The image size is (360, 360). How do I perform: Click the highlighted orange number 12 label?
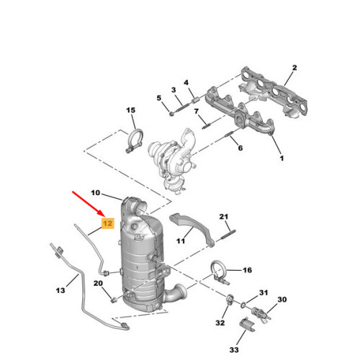coord(108,223)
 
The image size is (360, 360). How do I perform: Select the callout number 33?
coord(234,350)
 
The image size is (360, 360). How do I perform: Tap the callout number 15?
coord(131,110)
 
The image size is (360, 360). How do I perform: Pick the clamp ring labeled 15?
coord(135,140)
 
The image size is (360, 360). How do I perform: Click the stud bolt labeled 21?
coord(228,235)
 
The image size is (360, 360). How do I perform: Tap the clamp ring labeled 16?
coord(220,272)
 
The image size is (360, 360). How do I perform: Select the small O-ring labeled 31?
coord(243,305)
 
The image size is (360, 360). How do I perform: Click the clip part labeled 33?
coord(247,325)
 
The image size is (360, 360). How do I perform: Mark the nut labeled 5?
coord(171,114)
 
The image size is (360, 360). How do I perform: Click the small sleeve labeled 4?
coord(195,99)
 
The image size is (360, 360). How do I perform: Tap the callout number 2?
coord(294,68)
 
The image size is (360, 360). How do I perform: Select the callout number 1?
coord(282,158)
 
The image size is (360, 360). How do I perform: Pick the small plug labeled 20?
coord(114,300)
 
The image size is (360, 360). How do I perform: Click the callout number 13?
coord(60,291)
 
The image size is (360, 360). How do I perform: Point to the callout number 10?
coord(95,192)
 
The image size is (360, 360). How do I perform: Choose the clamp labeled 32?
coord(230,299)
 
